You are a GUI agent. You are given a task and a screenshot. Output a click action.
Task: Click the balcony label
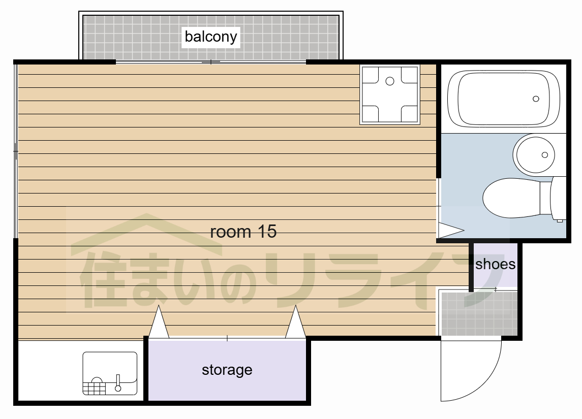[211, 37]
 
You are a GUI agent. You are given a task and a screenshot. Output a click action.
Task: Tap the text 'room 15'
[243, 232]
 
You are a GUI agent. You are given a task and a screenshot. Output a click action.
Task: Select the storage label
[227, 370]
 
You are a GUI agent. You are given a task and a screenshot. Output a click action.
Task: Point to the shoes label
[495, 264]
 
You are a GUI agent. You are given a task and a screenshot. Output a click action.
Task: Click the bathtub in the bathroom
[504, 99]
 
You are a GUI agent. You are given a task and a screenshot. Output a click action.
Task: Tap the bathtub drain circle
[536, 99]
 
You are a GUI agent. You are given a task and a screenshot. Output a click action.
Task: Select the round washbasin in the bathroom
[534, 153]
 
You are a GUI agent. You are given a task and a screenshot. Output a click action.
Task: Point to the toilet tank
[558, 199]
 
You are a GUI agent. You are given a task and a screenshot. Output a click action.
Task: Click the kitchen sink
[110, 373]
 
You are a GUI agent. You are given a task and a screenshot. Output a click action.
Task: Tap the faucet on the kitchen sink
[118, 383]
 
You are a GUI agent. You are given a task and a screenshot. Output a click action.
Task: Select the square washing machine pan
[390, 94]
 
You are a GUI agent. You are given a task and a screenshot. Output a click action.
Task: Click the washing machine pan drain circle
[390, 81]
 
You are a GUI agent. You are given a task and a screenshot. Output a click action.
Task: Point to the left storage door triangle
[159, 322]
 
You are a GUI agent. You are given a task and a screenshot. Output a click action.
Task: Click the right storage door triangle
[295, 322]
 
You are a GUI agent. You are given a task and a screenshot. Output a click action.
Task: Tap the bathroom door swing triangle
[451, 230]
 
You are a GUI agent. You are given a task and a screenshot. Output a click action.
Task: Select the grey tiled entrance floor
[479, 314]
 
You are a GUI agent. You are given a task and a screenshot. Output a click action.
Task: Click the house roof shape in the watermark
[146, 234]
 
